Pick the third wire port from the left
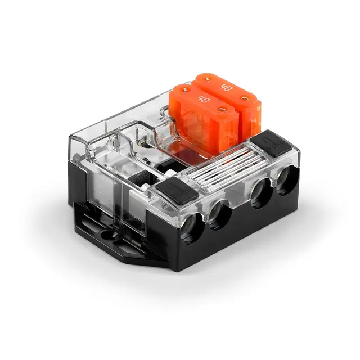(x=259, y=195)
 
